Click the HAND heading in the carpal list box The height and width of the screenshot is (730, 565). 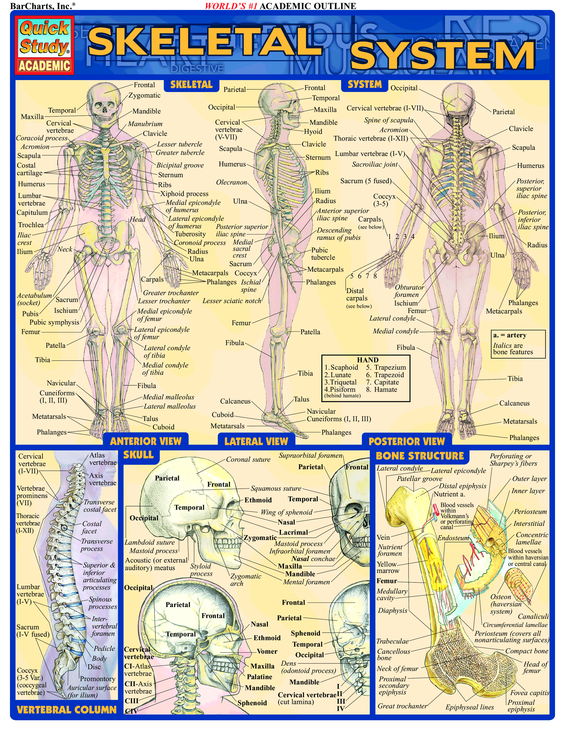[368, 360]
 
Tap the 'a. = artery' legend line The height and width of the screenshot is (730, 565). [509, 335]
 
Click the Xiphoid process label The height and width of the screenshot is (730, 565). [184, 194]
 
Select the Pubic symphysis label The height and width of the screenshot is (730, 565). [54, 322]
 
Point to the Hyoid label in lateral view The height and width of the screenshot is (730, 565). [313, 131]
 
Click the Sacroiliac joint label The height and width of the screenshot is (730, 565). [374, 164]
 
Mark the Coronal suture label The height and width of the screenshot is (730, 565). [248, 459]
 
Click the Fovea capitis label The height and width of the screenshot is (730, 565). [529, 693]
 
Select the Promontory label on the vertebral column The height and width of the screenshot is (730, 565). [97, 678]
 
